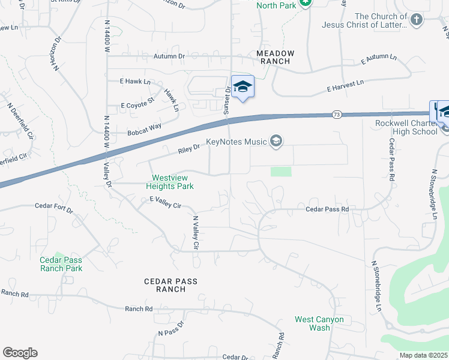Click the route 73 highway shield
tap(337, 114)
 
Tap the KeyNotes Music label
tap(236, 142)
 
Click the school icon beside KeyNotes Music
tap(276, 142)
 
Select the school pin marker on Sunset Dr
tap(243, 87)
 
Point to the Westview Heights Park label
tap(172, 182)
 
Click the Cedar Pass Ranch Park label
tap(61, 264)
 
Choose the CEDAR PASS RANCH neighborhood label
tap(170, 285)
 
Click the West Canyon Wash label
tap(319, 323)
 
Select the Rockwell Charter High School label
tap(405, 127)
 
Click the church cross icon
tap(417, 20)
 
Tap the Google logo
tap(20, 353)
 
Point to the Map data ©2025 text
tap(424, 355)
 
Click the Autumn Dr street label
tap(169, 56)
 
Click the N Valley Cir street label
tap(195, 233)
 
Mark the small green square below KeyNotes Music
tap(281, 172)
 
